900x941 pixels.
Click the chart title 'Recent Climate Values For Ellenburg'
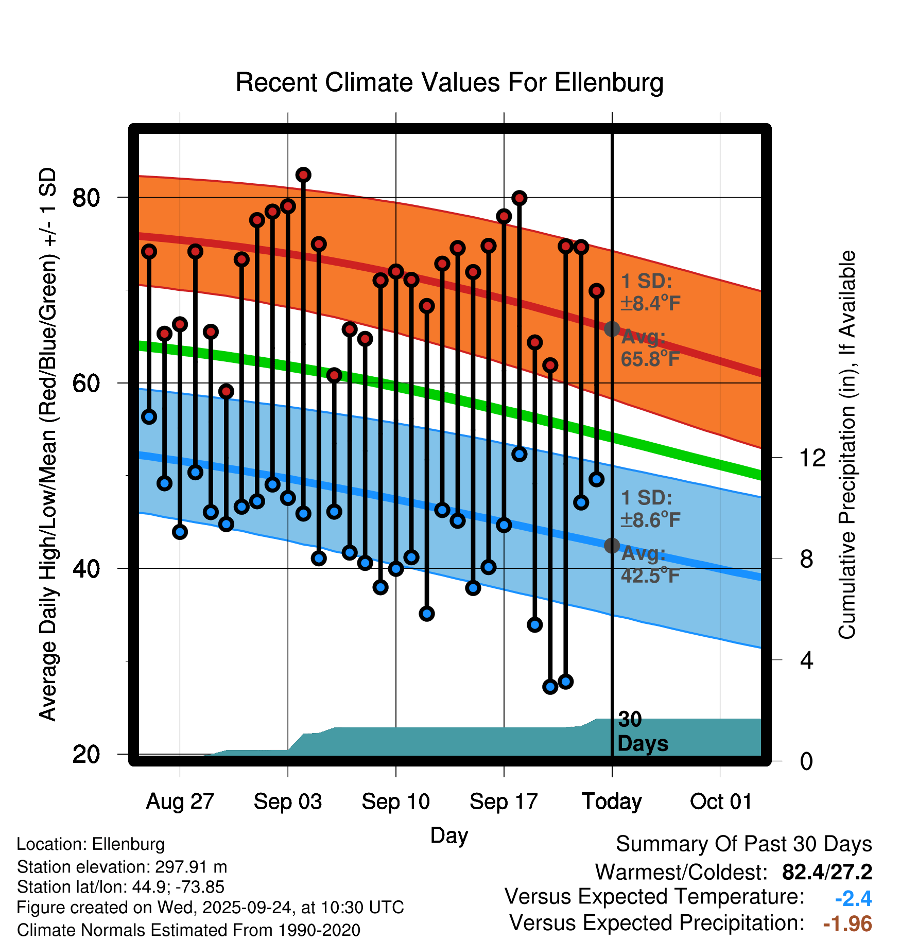click(x=449, y=82)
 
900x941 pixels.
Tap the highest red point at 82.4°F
click(x=303, y=175)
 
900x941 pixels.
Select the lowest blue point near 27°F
click(x=550, y=687)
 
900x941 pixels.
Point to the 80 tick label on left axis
click(x=86, y=198)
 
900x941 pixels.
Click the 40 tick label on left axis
click(x=86, y=569)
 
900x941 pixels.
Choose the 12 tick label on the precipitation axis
click(x=812, y=458)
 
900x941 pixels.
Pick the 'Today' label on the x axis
click(x=612, y=801)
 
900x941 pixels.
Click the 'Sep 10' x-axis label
click(x=395, y=801)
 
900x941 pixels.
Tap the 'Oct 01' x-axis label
click(x=720, y=801)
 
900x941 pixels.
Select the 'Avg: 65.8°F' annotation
click(x=650, y=348)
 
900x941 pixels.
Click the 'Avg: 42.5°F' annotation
click(x=650, y=564)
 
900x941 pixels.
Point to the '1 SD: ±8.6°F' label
click(x=650, y=509)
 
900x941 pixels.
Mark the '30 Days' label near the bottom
click(x=642, y=731)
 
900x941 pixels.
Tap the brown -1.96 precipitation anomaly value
click(x=847, y=923)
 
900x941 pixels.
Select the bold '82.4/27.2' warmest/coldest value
click(x=827, y=872)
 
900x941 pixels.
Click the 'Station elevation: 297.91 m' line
click(x=122, y=867)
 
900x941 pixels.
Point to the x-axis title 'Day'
click(x=449, y=836)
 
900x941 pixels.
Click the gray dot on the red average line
click(x=612, y=329)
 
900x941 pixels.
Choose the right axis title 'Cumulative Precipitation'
click(x=847, y=445)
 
